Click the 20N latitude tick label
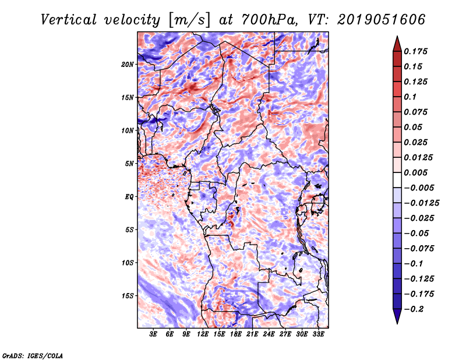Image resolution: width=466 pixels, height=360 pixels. pos(128,65)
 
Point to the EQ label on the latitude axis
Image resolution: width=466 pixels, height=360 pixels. pos(129,197)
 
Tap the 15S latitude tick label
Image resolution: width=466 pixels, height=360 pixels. pos(128,296)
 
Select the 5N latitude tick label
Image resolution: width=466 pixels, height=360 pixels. pos(129,164)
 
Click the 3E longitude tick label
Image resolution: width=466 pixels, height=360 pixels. pos(153,334)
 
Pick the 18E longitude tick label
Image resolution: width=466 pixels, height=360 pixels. pos(236,334)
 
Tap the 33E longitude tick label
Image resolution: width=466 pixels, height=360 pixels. pos(318,334)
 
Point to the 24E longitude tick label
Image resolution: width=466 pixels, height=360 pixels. pos(269,334)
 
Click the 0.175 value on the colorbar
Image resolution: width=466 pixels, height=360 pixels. pos(415,51)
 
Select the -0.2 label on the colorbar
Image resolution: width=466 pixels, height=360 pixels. pos(414,309)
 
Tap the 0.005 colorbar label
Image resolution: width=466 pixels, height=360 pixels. pos(415,172)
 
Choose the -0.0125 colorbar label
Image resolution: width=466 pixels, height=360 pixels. pos(421,203)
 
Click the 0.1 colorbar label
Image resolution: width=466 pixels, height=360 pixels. pos(410,97)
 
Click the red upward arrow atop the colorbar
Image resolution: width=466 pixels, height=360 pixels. pos(397,44)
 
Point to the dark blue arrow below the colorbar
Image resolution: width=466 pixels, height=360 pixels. pos(397,316)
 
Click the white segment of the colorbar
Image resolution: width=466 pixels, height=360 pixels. pos(397,180)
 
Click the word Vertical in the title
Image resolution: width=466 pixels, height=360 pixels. pos(69,20)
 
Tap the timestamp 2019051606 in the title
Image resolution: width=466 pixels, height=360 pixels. pos(381,20)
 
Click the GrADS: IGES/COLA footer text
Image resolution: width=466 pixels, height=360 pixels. pos(33,356)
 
